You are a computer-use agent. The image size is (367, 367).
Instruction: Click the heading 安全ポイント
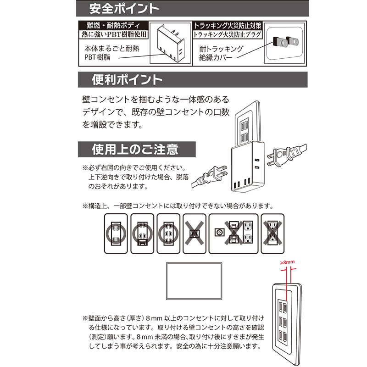(124, 9)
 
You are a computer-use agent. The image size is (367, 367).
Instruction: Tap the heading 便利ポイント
(127, 79)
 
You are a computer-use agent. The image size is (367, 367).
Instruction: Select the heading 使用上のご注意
(135, 150)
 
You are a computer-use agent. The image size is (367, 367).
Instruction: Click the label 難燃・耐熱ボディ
(113, 25)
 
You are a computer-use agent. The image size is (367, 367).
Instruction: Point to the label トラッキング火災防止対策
(227, 26)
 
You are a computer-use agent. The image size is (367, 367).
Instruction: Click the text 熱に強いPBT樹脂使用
(114, 34)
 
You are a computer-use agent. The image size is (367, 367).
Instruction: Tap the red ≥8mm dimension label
(288, 262)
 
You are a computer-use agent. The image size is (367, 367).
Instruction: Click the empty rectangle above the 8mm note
(194, 281)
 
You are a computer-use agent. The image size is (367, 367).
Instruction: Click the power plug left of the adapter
(210, 177)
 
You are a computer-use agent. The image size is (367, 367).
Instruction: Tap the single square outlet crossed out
(194, 234)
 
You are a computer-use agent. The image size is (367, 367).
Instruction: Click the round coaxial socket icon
(220, 233)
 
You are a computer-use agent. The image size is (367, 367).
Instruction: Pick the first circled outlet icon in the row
(116, 234)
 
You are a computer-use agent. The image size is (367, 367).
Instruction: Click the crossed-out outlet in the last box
(272, 233)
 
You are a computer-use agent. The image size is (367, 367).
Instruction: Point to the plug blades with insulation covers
(286, 42)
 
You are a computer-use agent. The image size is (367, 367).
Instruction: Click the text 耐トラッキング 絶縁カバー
(221, 53)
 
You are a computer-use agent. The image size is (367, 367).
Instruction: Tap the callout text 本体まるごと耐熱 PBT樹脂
(112, 53)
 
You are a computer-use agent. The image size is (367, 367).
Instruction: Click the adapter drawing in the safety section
(170, 44)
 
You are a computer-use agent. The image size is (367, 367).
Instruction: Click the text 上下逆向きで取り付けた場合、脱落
(139, 177)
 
